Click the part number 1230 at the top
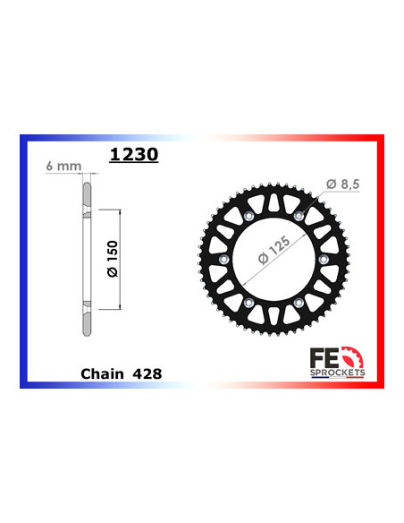133,154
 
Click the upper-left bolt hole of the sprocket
245,218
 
